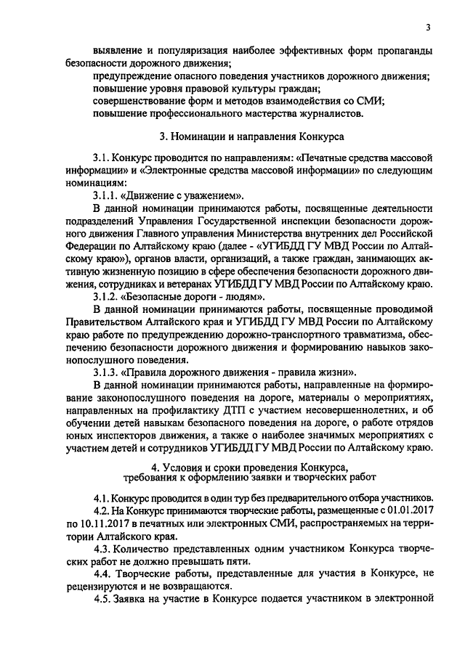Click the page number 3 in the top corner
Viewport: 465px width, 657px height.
(x=429, y=28)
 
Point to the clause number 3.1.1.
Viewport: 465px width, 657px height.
(x=108, y=196)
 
